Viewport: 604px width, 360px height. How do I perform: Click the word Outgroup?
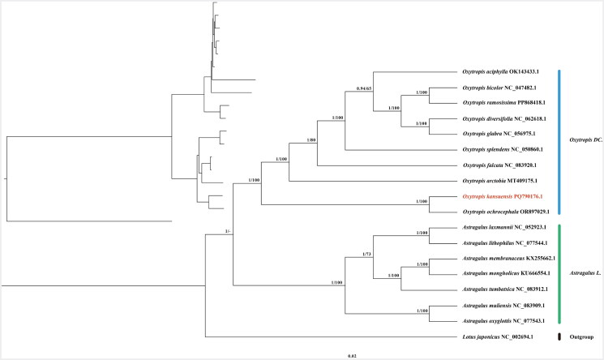[x=582, y=336]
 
